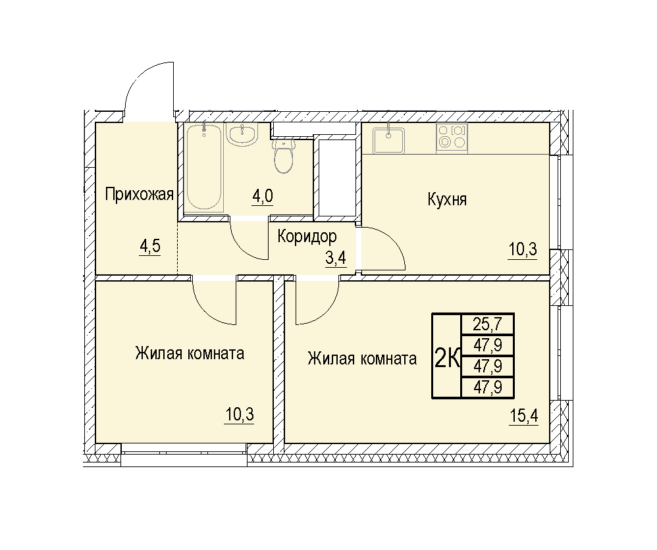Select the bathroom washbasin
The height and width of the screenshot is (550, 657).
tap(242, 134)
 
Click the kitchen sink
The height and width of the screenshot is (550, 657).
tap(389, 140)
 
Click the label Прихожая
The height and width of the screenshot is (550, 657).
tap(139, 194)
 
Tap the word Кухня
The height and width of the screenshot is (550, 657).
tap(446, 199)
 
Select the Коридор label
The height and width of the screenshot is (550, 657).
tap(307, 237)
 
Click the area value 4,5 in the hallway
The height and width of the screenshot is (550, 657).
tap(150, 247)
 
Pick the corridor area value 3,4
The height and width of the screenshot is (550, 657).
tap(336, 259)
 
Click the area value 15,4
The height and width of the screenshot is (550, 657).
tap(524, 416)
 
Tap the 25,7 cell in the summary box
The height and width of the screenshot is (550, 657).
tap(487, 324)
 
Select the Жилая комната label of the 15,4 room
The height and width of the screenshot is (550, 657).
tap(362, 359)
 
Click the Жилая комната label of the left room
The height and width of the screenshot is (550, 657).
tap(190, 353)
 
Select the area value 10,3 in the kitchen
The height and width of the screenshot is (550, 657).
tap(523, 250)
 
